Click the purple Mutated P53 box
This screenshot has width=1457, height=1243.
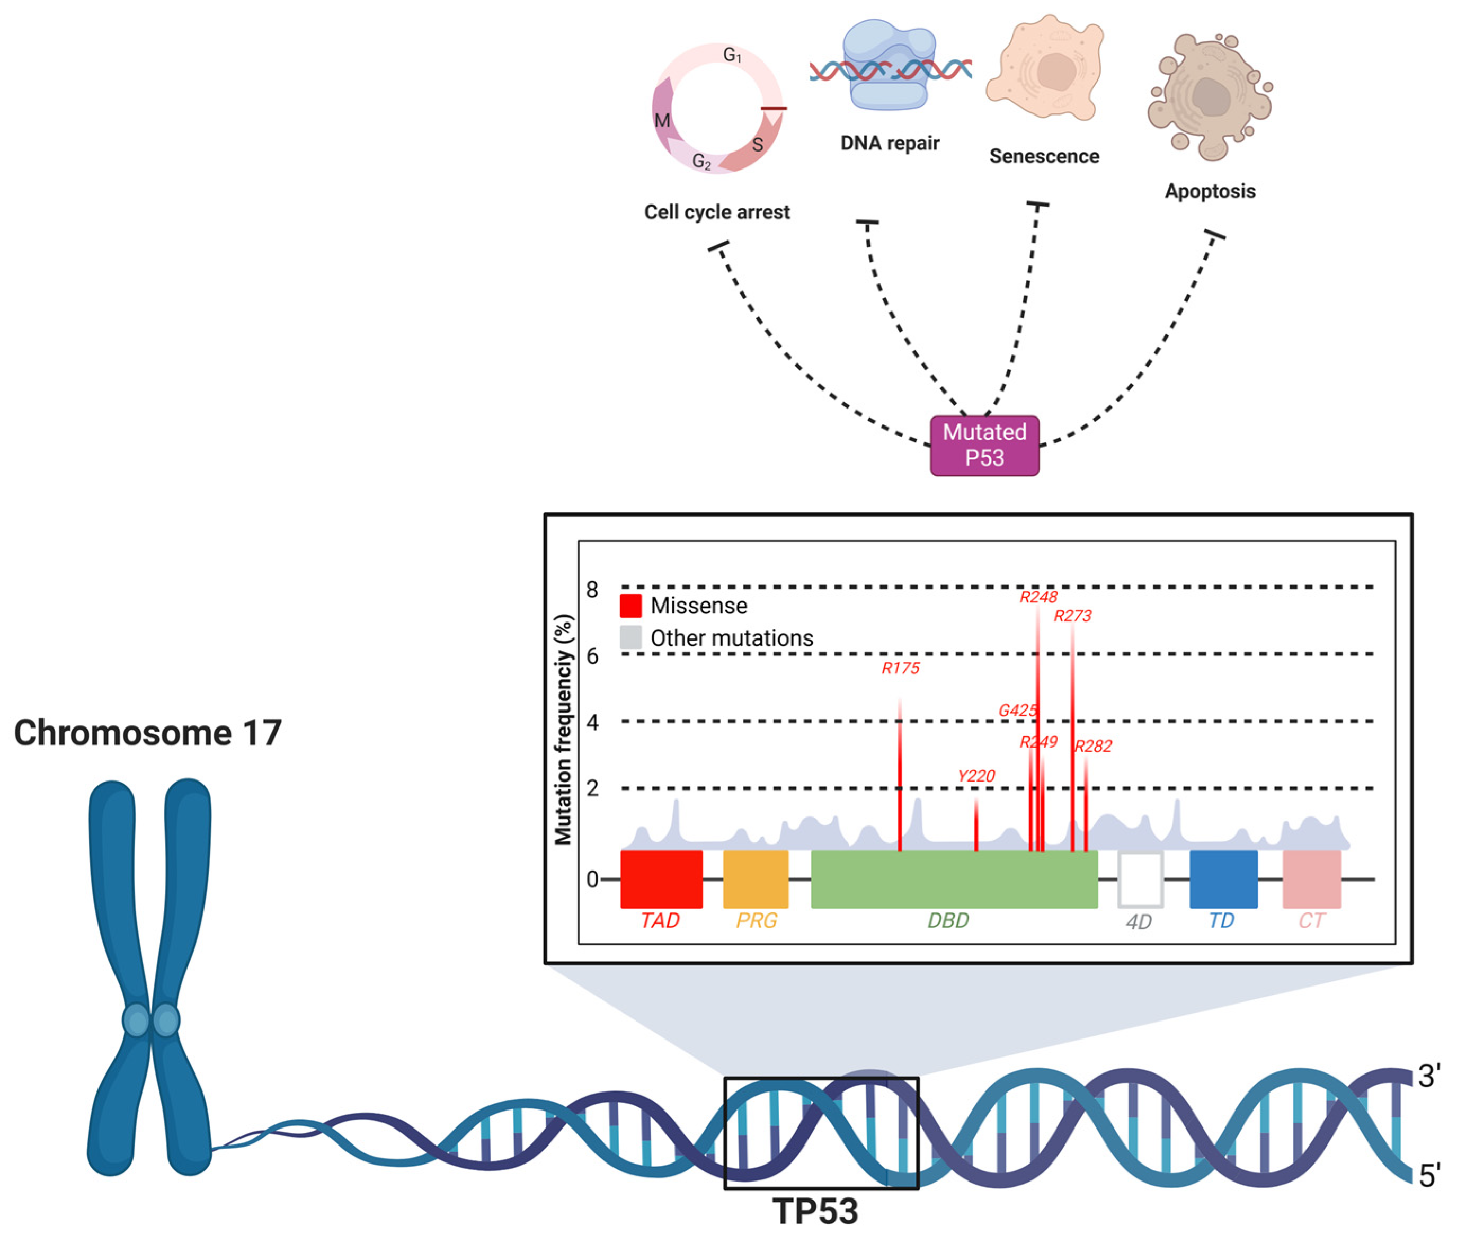[x=984, y=445]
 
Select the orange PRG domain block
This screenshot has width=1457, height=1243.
[x=755, y=879]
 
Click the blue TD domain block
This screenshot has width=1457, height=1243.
[x=1223, y=879]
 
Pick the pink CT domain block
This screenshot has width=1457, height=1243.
[x=1311, y=879]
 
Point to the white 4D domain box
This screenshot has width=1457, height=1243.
[x=1140, y=879]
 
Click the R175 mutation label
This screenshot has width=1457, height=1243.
[x=900, y=668]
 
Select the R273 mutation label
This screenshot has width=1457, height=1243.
[x=1072, y=616]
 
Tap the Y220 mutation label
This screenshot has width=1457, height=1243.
[x=976, y=776]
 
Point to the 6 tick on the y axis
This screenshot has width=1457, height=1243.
[x=592, y=656]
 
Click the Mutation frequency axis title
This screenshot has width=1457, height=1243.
[x=563, y=729]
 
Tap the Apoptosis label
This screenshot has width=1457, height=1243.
[x=1210, y=191]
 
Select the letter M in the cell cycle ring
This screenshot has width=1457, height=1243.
[x=662, y=120]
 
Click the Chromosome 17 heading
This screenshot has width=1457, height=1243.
[x=148, y=733]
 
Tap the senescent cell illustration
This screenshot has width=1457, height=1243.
[x=1044, y=70]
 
